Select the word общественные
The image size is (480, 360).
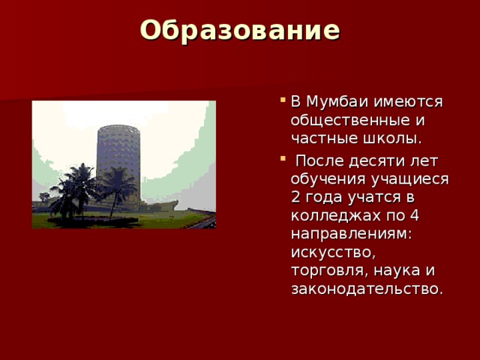351,120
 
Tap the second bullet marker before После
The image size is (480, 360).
281,160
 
